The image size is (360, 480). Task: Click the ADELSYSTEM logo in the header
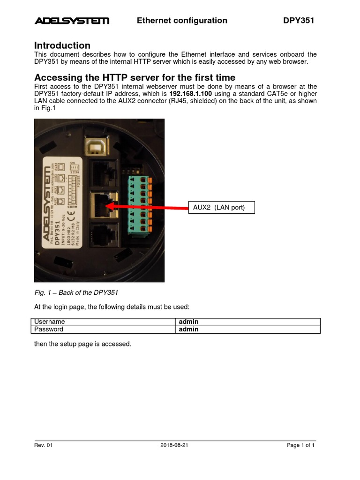tap(72, 21)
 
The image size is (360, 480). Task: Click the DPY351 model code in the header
tap(298, 21)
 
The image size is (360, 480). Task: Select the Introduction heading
tap(62, 45)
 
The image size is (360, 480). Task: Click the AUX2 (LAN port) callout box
tap(221, 207)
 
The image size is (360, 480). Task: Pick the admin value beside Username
tap(188, 322)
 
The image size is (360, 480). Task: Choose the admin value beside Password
tap(188, 330)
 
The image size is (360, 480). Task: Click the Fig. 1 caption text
tap(76, 293)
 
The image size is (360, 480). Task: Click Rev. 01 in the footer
tap(43, 446)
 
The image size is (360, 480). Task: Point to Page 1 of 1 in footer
tap(300, 446)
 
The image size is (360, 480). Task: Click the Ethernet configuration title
tap(182, 21)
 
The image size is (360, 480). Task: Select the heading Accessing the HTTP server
tap(135, 77)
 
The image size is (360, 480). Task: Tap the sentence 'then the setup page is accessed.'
tap(82, 344)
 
